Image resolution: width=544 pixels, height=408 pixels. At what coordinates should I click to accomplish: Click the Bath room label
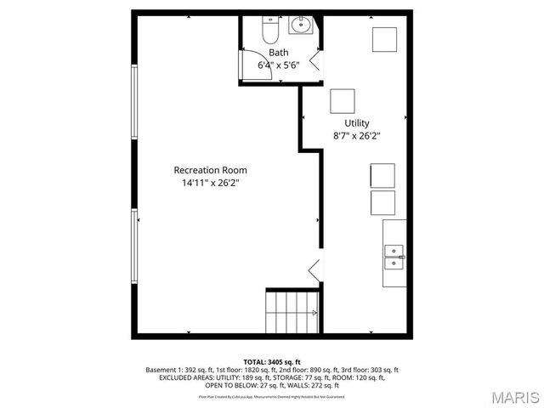coord(279,53)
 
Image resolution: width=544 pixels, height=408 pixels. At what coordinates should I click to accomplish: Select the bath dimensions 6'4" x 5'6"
coord(279,65)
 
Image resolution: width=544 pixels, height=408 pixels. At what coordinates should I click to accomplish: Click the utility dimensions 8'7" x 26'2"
coord(356,135)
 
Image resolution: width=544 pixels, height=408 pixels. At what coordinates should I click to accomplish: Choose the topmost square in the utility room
coord(384,39)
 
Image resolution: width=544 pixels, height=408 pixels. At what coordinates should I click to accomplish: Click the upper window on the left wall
coord(133,99)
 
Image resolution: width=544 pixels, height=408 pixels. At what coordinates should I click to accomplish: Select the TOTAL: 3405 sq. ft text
coord(272,362)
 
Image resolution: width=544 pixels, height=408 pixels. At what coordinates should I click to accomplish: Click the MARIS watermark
coord(514,396)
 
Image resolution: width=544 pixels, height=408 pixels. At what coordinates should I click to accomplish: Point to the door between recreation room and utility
coord(314,270)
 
